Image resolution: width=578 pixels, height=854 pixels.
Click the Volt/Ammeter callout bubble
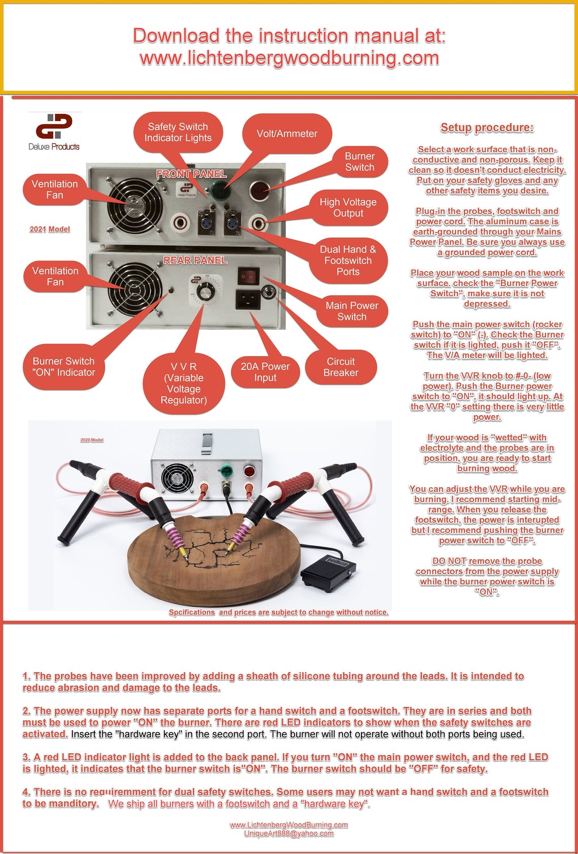pos(287,133)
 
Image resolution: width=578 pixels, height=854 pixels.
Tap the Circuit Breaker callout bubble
pos(341,367)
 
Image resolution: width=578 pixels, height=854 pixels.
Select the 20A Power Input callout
pos(265,372)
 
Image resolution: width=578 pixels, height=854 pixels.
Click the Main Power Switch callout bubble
pos(352,311)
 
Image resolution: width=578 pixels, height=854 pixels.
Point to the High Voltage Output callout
pos(348,207)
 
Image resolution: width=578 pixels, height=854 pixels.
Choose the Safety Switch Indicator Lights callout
pos(178,132)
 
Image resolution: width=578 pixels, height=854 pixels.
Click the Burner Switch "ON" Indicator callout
pos(64,367)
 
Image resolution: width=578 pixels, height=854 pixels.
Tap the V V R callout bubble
pos(184,383)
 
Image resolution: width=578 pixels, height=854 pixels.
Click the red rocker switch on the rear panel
pos(248,276)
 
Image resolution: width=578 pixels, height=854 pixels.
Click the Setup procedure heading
pos(487,128)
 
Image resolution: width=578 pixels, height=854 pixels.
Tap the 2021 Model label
pos(50,229)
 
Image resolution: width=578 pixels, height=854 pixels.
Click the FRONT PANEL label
pos(192,174)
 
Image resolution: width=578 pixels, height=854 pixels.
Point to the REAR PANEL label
pos(195,260)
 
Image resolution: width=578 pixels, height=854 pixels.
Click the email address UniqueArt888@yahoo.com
pos(289,833)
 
